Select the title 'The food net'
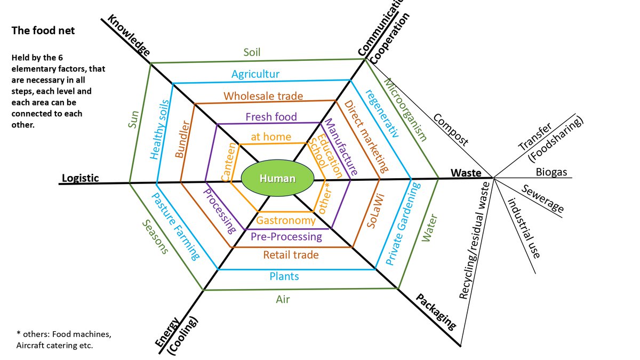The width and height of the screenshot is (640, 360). [x=43, y=31]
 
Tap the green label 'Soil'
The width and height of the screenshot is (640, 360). [x=252, y=52]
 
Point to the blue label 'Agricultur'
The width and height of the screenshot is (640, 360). [x=256, y=74]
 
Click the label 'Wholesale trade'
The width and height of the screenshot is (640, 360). [x=263, y=97]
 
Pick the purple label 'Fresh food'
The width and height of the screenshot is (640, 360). [x=271, y=117]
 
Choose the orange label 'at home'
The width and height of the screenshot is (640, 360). [x=271, y=137]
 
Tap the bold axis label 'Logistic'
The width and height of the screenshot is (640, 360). [x=81, y=178]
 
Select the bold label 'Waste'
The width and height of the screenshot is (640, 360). [x=466, y=173]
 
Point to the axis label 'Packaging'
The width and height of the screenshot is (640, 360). [x=436, y=311]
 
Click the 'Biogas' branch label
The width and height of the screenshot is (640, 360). [x=551, y=172]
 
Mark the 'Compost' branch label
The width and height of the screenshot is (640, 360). [x=451, y=130]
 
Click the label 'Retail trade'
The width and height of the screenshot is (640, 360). [x=291, y=255]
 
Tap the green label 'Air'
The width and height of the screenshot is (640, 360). [x=283, y=299]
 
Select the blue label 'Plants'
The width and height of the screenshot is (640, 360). [x=284, y=276]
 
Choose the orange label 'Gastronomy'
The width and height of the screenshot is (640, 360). [x=286, y=220]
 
